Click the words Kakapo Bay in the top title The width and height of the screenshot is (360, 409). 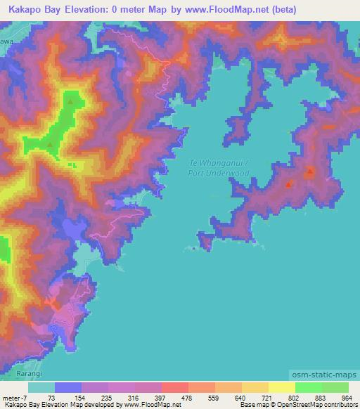coord(34,10)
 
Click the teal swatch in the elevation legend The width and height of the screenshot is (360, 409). coord(41,387)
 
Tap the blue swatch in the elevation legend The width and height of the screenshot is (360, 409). coord(67,387)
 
